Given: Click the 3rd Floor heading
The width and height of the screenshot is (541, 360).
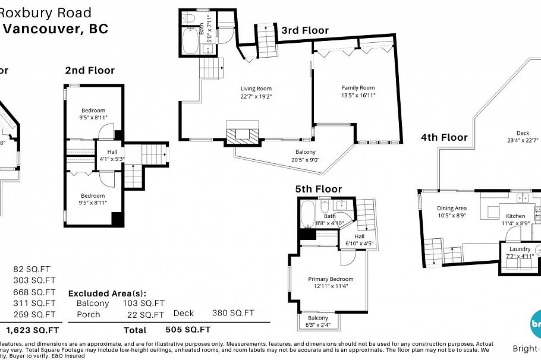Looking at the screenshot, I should tap(304, 30).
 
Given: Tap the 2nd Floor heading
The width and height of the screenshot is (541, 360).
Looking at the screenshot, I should tap(90, 70).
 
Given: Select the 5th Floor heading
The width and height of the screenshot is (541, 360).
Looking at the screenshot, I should tap(319, 189).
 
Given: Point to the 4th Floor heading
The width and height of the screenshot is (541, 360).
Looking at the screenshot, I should tap(444, 137).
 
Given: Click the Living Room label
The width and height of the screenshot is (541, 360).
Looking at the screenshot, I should tap(256, 89).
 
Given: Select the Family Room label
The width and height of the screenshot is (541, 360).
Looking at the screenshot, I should tap(358, 88).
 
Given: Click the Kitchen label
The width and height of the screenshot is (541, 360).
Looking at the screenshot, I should tap(515, 216).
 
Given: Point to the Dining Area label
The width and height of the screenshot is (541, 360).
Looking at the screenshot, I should tap(452, 209).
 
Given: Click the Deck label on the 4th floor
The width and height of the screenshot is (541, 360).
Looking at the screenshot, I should tap(523, 132).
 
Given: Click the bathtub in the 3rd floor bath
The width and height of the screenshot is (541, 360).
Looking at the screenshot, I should tap(191, 42).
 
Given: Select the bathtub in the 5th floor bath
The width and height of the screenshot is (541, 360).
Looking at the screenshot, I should tap(308, 214).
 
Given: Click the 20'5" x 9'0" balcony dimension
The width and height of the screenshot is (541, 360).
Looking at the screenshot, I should tap(290, 160).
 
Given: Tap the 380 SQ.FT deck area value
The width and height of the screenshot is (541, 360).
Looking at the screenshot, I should tap(233, 313).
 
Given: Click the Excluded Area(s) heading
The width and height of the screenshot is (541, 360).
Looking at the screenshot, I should tap(107, 293).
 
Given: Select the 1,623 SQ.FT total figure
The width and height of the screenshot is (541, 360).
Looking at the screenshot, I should tap(33, 330).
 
